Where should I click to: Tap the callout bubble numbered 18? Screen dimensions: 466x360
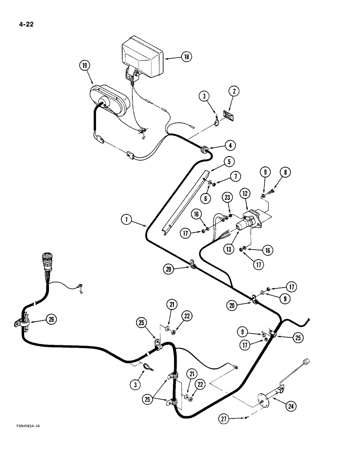point(186,57)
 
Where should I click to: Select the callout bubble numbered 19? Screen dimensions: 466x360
point(84,66)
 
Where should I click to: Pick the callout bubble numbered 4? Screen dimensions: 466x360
point(229,145)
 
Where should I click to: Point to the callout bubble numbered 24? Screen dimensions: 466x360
point(291,406)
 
